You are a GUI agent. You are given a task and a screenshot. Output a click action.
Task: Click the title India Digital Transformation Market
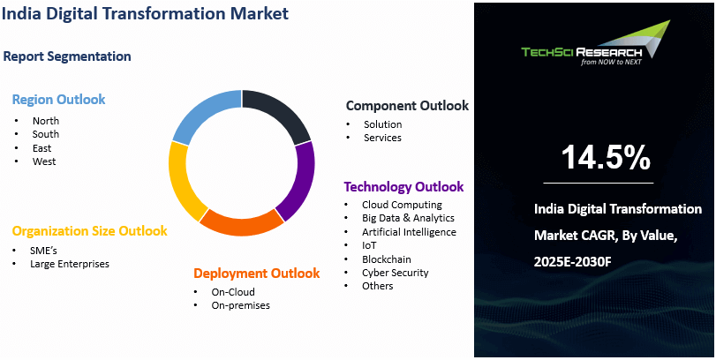[x=145, y=15]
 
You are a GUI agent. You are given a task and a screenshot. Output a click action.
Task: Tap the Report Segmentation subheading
[x=67, y=56]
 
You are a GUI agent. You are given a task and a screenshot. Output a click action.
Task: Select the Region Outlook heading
[x=58, y=100]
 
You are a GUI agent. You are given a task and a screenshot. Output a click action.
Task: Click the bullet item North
[x=46, y=121]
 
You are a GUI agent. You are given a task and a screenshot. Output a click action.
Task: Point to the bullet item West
[x=44, y=161]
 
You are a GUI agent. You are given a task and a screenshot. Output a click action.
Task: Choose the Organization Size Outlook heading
[x=89, y=231]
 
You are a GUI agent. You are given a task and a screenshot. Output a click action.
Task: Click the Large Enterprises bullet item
[x=70, y=264]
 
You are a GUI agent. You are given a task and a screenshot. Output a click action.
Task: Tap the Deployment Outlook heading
[x=256, y=274]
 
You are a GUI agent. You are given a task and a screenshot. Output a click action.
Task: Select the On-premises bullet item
[x=241, y=305]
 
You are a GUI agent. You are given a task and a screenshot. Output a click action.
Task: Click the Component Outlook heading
[x=407, y=106]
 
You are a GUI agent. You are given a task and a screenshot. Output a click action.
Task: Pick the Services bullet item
[x=382, y=138]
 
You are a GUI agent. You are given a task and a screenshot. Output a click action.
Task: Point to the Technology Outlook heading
[x=403, y=187]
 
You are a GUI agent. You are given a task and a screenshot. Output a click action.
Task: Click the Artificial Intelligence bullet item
[x=409, y=232]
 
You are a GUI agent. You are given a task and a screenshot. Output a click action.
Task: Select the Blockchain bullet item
[x=387, y=259]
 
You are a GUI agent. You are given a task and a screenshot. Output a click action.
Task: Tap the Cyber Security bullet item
[x=395, y=273]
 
